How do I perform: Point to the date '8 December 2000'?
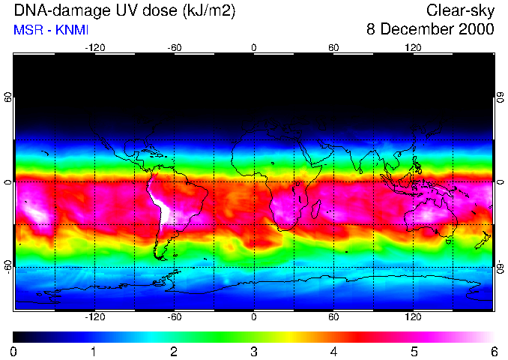pyautogui.click(x=430, y=30)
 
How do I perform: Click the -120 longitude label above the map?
pyautogui.click(x=94, y=48)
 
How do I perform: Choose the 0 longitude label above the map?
pyautogui.click(x=254, y=48)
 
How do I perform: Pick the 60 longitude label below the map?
pyautogui.click(x=333, y=316)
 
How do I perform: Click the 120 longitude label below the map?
pyautogui.click(x=413, y=316)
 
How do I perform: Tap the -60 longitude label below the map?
pyautogui.click(x=174, y=316)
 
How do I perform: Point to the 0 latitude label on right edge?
pyautogui.click(x=501, y=182)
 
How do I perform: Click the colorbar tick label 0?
pyautogui.click(x=14, y=351)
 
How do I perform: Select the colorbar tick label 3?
pyautogui.click(x=254, y=351)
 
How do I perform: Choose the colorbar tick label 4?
pyautogui.click(x=333, y=351)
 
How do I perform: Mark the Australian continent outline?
pyautogui.click(x=431, y=217)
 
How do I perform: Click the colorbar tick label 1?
pyautogui.click(x=94, y=351)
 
